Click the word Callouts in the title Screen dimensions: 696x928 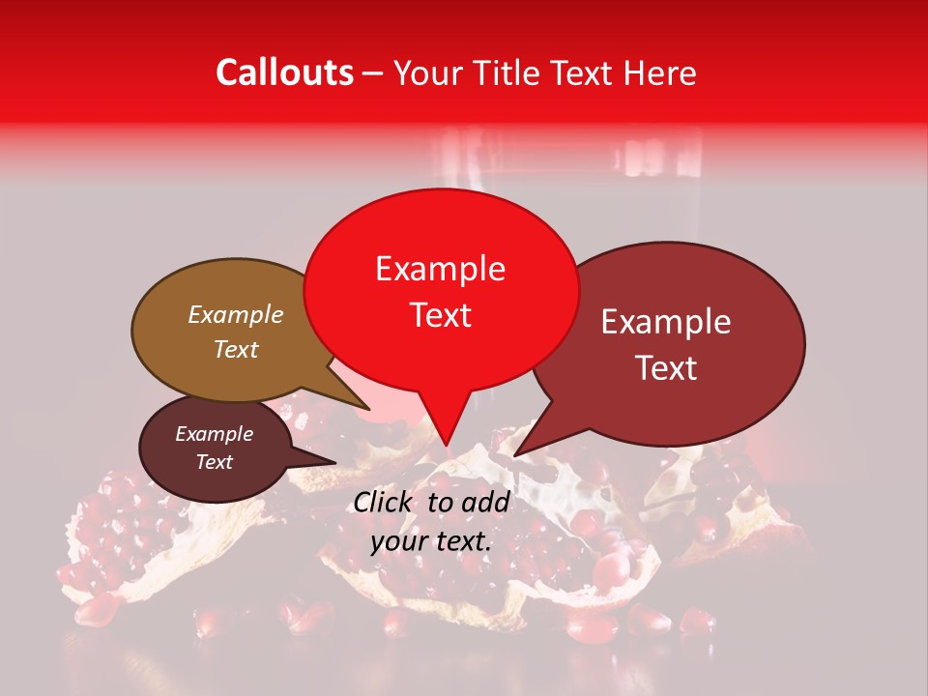tap(284, 72)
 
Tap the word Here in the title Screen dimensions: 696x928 tap(659, 72)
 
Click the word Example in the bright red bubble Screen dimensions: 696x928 tap(440, 269)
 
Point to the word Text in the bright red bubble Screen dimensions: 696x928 tap(440, 315)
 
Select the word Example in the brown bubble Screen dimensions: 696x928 tap(235, 315)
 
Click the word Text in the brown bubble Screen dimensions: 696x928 tap(235, 350)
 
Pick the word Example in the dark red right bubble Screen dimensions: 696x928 tap(666, 322)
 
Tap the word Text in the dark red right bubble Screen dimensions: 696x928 tap(666, 368)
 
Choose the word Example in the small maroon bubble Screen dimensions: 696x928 tap(214, 434)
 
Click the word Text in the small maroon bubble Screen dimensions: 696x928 tap(214, 462)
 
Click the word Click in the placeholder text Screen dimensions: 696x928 tap(385, 502)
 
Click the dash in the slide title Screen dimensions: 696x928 tap(373, 72)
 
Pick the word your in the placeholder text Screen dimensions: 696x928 tap(397, 541)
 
